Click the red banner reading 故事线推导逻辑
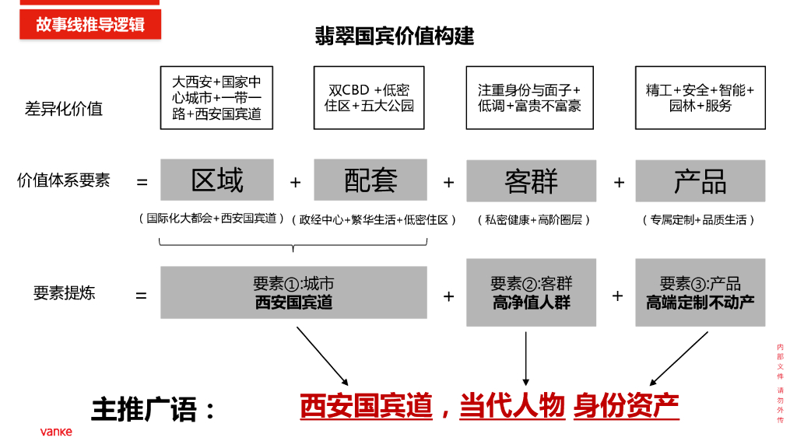pyautogui.click(x=90, y=24)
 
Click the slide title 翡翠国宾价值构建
pyautogui.click(x=395, y=36)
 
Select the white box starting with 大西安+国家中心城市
pyautogui.click(x=216, y=97)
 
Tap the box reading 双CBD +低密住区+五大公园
pyautogui.click(x=369, y=97)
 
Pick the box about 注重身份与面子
pyautogui.click(x=529, y=97)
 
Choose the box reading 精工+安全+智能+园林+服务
pyautogui.click(x=700, y=97)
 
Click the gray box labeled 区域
pyautogui.click(x=217, y=180)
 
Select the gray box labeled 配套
pyautogui.click(x=370, y=180)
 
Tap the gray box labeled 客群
pyautogui.click(x=531, y=181)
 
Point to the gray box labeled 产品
pyautogui.click(x=700, y=181)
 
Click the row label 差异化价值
pyautogui.click(x=64, y=109)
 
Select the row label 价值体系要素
pyautogui.click(x=64, y=180)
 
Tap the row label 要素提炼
pyautogui.click(x=64, y=293)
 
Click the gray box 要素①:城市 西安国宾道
pyautogui.click(x=293, y=292)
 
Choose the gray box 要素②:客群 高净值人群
pyautogui.click(x=531, y=292)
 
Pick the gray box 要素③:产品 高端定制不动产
pyautogui.click(x=700, y=292)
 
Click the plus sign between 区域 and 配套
pyautogui.click(x=295, y=182)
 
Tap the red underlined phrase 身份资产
pyautogui.click(x=626, y=405)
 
